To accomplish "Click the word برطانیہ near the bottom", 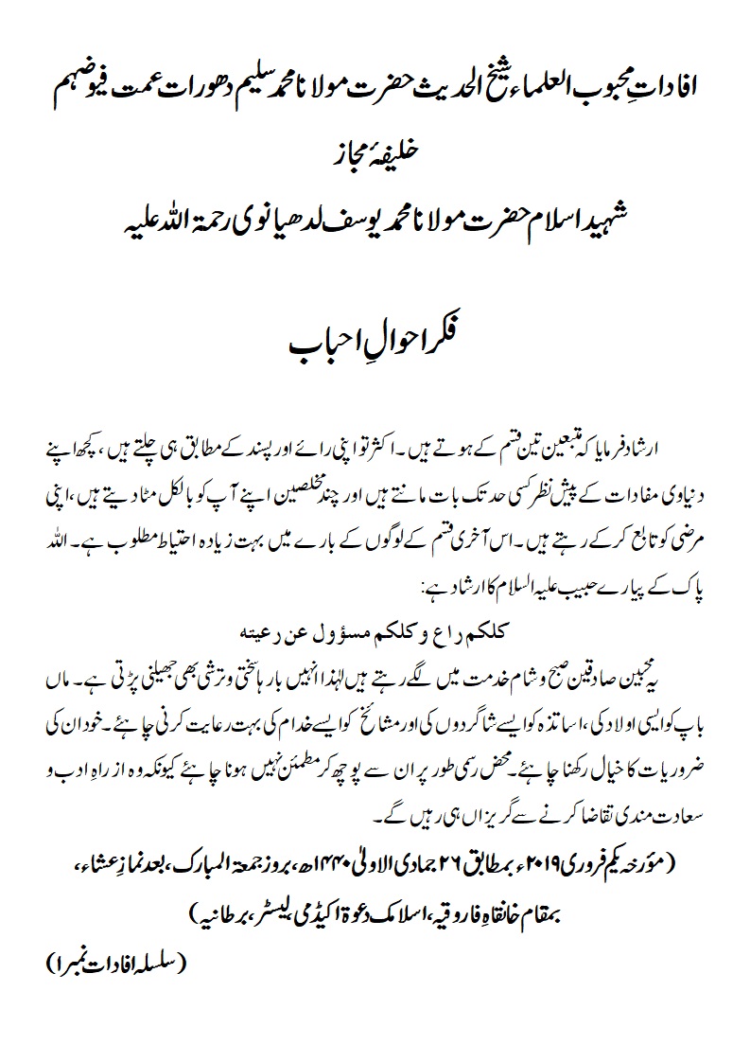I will coord(220,912).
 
